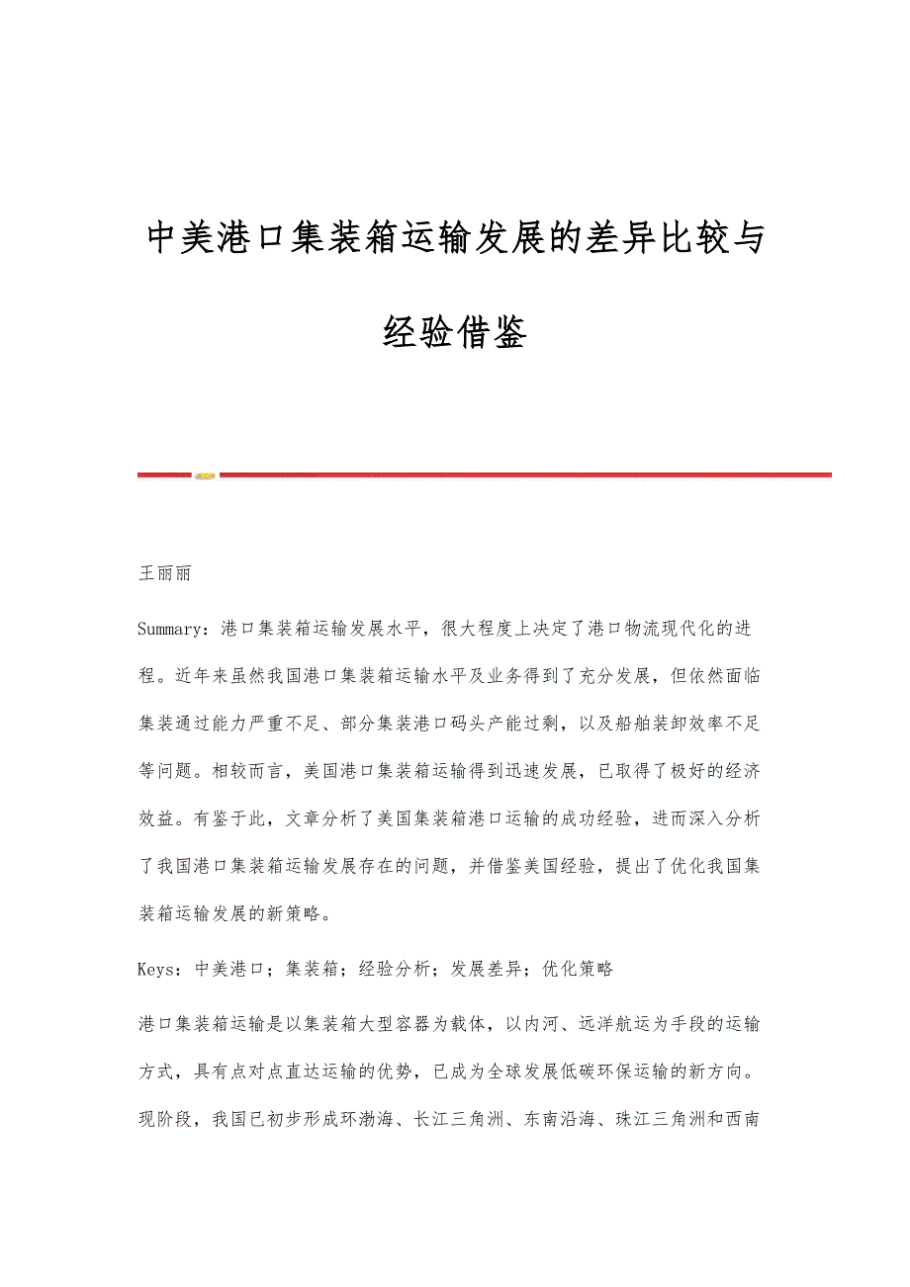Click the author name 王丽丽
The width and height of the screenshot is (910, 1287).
coord(164,573)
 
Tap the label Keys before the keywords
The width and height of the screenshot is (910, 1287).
coord(158,969)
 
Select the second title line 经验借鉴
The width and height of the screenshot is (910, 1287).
coord(454,334)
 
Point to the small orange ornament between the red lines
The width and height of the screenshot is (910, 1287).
coord(205,475)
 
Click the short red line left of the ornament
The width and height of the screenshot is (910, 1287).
coord(163,475)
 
